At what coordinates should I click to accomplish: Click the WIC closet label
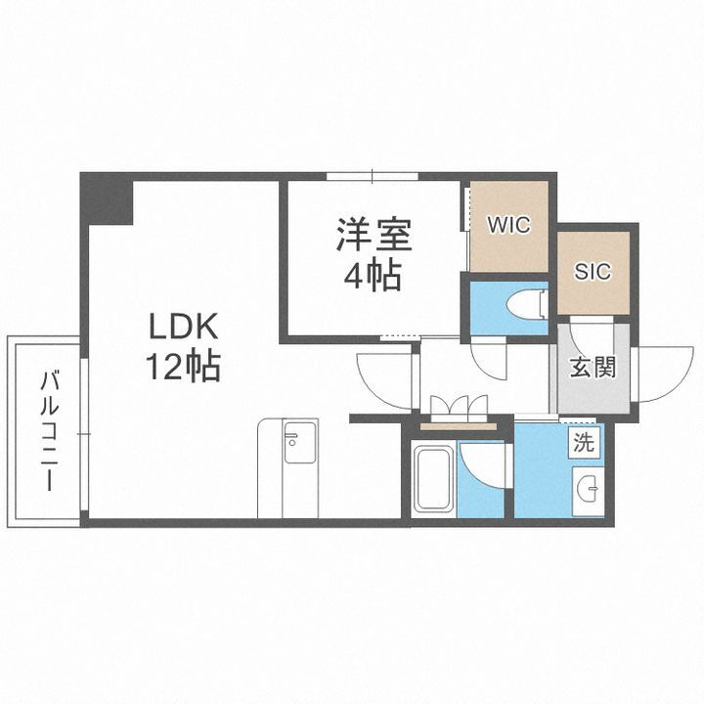508,225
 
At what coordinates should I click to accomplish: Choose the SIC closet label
594,271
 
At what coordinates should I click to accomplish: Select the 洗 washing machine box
584,442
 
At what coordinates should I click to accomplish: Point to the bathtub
432,479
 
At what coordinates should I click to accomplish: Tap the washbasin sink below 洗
590,489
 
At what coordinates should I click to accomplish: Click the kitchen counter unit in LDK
288,467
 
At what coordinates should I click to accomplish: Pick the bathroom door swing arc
482,467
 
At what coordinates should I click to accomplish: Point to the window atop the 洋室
373,177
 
